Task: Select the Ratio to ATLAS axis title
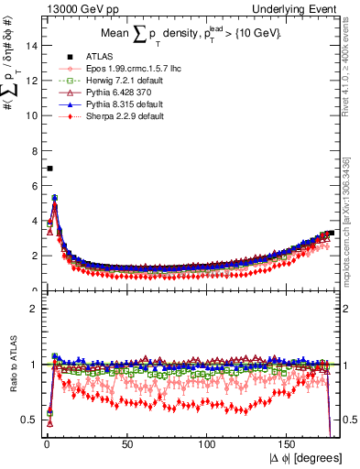click(11, 366)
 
